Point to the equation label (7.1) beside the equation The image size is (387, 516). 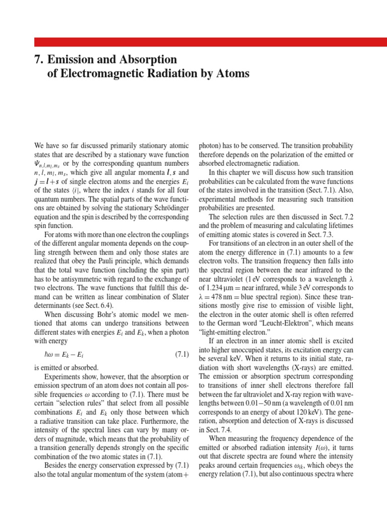[x=181, y=354]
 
